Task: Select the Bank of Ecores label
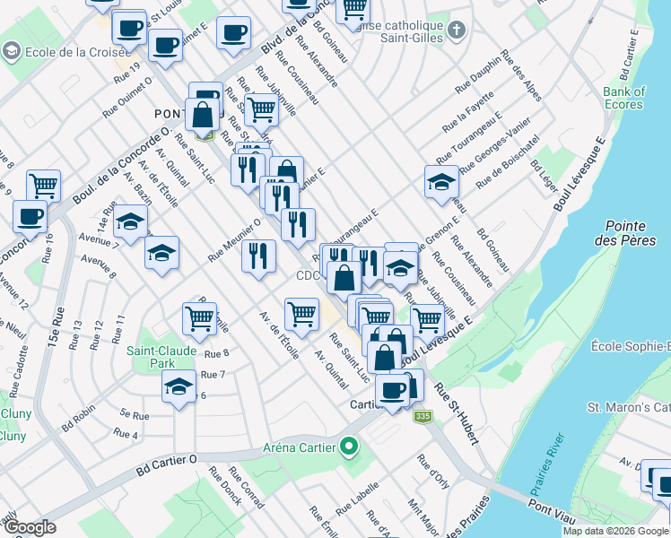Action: coord(623,98)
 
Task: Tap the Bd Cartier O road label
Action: coord(167,466)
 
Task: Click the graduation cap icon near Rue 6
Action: coord(179,386)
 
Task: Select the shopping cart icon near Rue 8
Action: coord(199,317)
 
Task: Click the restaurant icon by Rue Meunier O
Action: coord(257,256)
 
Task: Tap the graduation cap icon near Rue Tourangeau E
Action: coord(441,182)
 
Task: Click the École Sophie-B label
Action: coord(631,346)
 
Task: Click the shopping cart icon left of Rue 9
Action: coord(43,186)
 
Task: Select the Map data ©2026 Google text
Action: coord(615,531)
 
